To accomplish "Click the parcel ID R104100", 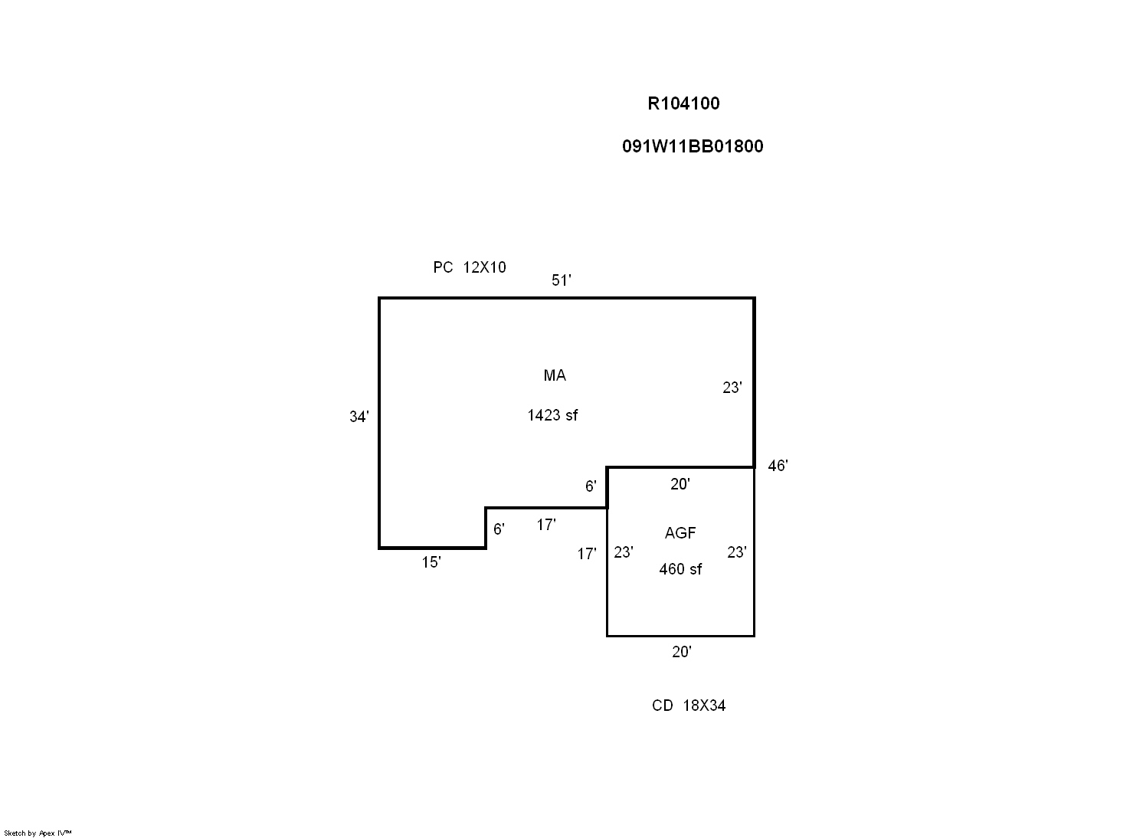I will [x=683, y=103].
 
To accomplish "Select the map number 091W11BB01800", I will [x=693, y=146].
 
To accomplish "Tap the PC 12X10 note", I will [x=469, y=267].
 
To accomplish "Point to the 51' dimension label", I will [x=561, y=280].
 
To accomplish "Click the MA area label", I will [x=555, y=375].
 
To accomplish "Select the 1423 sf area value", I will [x=552, y=415].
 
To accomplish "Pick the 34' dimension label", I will [x=359, y=417].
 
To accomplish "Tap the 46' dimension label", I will [x=777, y=466].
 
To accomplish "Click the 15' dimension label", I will [x=431, y=562].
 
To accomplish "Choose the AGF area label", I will [x=680, y=533].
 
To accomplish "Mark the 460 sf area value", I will [x=680, y=569].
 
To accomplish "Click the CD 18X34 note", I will [x=688, y=705].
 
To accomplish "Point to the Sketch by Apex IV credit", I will [x=38, y=833].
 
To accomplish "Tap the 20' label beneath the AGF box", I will [x=681, y=652].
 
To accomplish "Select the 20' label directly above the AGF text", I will [x=680, y=484].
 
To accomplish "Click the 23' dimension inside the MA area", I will [x=732, y=388].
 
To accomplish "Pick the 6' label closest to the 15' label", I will [x=499, y=529].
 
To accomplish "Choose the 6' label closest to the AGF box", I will [x=591, y=486].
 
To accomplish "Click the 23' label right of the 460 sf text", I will [x=736, y=552].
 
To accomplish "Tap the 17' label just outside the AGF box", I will [x=586, y=554].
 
